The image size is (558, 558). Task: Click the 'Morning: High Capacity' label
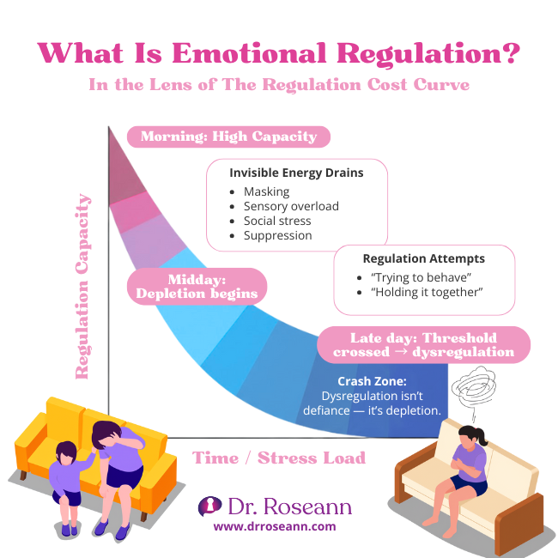pyautogui.click(x=228, y=136)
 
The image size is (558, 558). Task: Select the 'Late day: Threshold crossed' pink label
pyautogui.click(x=423, y=344)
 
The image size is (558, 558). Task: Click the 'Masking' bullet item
pyautogui.click(x=266, y=191)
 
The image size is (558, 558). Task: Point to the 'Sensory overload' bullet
pyautogui.click(x=291, y=206)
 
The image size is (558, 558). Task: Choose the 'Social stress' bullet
pyautogui.click(x=276, y=221)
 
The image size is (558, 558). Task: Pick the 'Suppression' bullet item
pyautogui.click(x=277, y=235)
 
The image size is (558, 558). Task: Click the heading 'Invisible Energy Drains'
pyautogui.click(x=296, y=173)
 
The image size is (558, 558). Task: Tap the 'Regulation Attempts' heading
pyautogui.click(x=423, y=258)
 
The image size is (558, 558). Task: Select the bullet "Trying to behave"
pyautogui.click(x=421, y=277)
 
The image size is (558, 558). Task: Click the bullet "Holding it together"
pyautogui.click(x=427, y=293)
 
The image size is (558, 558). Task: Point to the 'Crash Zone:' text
pyautogui.click(x=372, y=380)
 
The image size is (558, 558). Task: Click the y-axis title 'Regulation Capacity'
pyautogui.click(x=84, y=287)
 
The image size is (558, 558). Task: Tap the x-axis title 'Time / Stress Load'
pyautogui.click(x=279, y=458)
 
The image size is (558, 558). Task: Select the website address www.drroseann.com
pyautogui.click(x=275, y=526)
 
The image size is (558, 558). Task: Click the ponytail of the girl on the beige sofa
pyautogui.click(x=482, y=438)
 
